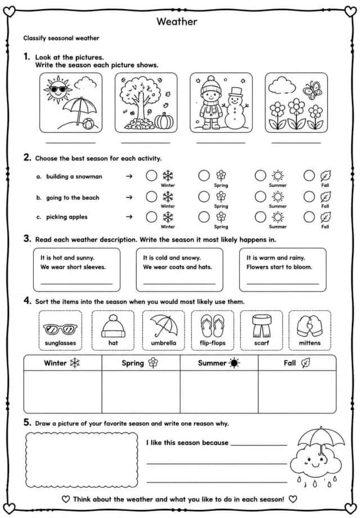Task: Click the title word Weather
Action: (177, 21)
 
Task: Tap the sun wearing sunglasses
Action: (58, 89)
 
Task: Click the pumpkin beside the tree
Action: (164, 121)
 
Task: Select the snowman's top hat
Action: (236, 92)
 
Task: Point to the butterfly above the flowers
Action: (312, 90)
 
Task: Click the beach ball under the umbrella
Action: (88, 124)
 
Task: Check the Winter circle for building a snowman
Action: (151, 176)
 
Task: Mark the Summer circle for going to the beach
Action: (260, 197)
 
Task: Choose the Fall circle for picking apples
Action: (309, 217)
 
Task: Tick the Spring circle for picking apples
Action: (204, 217)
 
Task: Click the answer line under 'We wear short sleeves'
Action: (76, 284)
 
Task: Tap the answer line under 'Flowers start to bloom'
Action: (283, 284)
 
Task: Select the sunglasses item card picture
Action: (60, 329)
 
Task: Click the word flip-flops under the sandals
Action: (213, 343)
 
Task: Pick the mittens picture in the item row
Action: (309, 326)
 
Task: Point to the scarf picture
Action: (262, 326)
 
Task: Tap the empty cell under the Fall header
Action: (297, 392)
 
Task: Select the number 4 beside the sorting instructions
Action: (27, 301)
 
